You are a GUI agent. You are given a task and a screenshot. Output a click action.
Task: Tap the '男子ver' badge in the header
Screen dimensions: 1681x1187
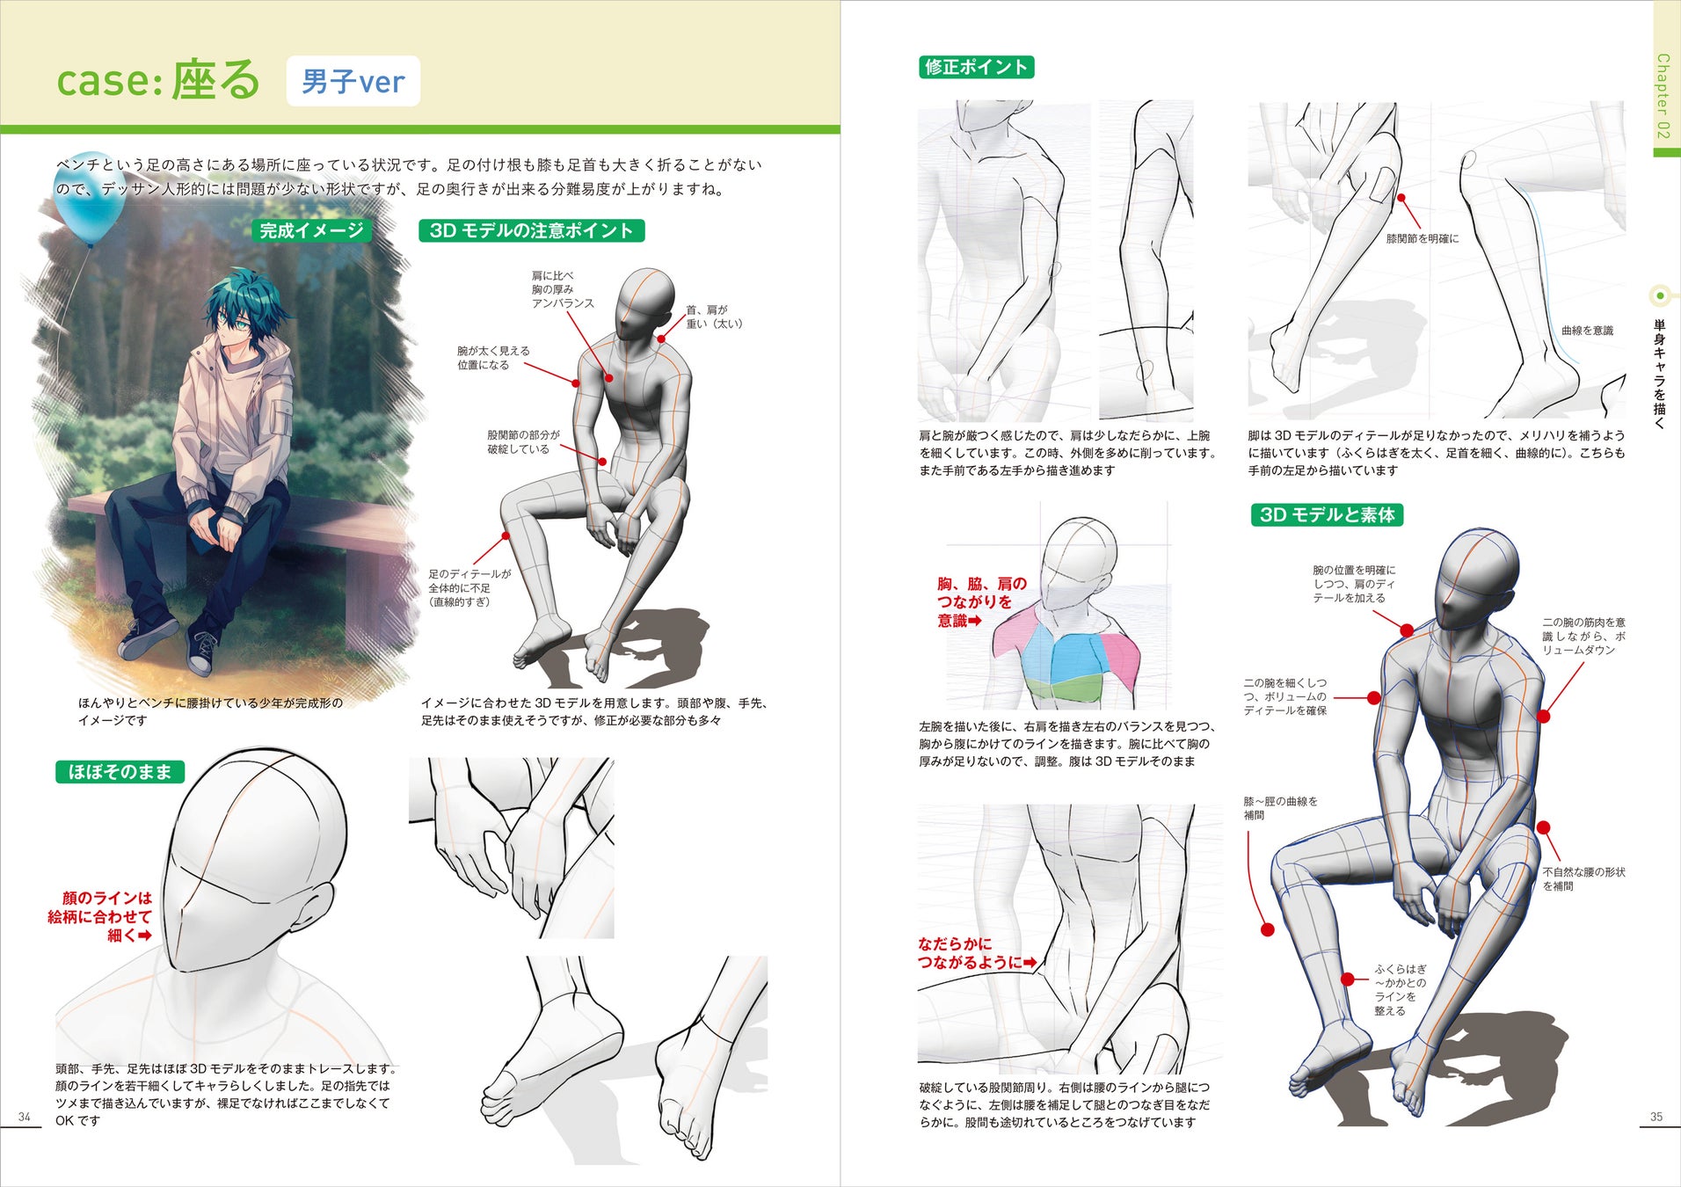pyautogui.click(x=353, y=82)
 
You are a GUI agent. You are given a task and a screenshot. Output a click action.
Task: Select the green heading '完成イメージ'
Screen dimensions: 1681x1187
pyautogui.click(x=311, y=230)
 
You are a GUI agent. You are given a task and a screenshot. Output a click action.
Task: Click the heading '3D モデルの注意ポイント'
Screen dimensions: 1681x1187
pyautogui.click(x=531, y=230)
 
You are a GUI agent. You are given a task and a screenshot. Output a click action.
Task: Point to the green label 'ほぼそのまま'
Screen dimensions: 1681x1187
pyautogui.click(x=120, y=772)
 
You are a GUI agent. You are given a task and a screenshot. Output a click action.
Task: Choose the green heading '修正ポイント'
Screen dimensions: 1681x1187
pyautogui.click(x=976, y=67)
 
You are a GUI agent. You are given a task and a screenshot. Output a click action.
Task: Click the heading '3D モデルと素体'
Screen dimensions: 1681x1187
pyautogui.click(x=1327, y=514)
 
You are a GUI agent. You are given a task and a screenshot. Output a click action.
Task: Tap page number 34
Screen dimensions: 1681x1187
pyautogui.click(x=25, y=1117)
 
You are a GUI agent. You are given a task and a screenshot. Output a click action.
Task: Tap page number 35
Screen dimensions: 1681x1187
pyautogui.click(x=1656, y=1117)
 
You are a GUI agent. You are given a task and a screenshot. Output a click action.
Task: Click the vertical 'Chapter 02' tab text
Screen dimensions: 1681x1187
pyautogui.click(x=1663, y=96)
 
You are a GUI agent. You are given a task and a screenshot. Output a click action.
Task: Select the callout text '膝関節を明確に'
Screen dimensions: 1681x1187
pyautogui.click(x=1423, y=238)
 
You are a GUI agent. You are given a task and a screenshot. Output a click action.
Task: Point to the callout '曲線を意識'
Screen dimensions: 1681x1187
pyautogui.click(x=1587, y=331)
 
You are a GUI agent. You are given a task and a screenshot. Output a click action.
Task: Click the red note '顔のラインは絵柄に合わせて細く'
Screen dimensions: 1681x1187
pyautogui.click(x=100, y=916)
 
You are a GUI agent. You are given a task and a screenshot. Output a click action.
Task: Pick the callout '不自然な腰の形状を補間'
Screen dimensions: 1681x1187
pyautogui.click(x=1583, y=879)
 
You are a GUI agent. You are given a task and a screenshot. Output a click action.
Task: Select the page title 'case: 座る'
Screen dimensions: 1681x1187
pyautogui.click(x=158, y=80)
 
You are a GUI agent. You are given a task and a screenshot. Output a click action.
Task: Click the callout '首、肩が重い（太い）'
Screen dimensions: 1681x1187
pyautogui.click(x=714, y=317)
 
